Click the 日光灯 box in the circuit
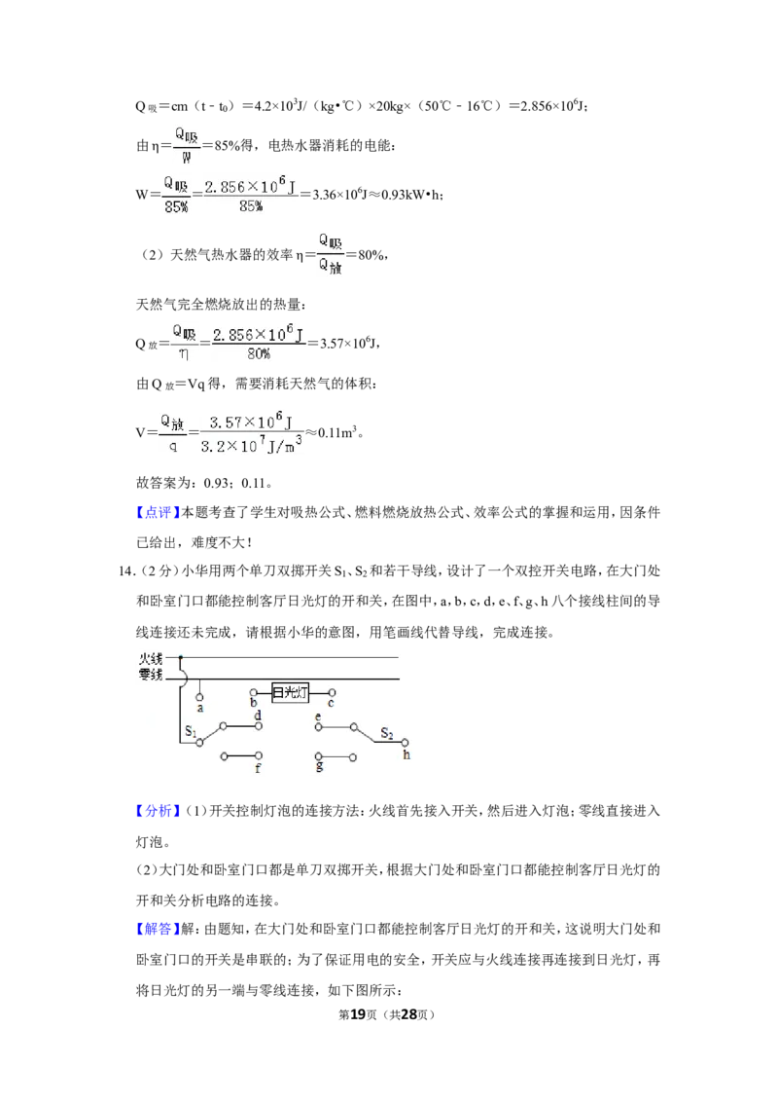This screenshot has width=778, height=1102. click(290, 693)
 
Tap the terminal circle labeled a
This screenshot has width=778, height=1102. click(199, 698)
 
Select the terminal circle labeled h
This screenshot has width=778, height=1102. click(405, 742)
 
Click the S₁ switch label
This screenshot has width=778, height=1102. click(191, 731)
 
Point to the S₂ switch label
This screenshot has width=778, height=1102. click(387, 733)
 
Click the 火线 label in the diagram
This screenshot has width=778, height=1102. click(151, 658)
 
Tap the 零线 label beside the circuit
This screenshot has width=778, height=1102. click(151, 675)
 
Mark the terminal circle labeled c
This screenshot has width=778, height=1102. click(333, 693)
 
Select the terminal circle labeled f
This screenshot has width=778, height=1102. click(259, 756)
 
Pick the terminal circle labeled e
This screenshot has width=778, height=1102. click(318, 726)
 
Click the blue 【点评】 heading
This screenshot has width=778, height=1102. click(158, 512)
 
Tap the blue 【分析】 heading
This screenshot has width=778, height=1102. click(158, 810)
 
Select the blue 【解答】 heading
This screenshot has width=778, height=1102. click(158, 929)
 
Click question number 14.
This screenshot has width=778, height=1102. click(126, 570)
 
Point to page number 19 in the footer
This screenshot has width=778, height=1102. click(358, 1014)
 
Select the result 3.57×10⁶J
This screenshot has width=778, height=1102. click(349, 343)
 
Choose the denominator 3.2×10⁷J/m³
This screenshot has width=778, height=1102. click(251, 446)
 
